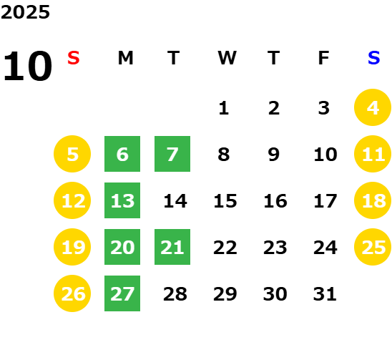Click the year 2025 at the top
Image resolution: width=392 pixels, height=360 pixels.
tap(25, 12)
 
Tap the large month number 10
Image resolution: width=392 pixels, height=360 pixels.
tap(27, 66)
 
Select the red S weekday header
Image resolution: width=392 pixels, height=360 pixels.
tap(74, 58)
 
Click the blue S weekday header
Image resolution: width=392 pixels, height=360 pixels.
tap(374, 58)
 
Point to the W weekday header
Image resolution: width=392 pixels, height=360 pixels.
tap(227, 58)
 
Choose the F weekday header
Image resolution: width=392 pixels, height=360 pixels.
tap(324, 58)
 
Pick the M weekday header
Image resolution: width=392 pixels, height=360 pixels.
tap(125, 58)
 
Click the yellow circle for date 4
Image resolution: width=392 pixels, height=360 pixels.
tap(373, 107)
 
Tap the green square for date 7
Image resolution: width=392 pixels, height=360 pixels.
tap(172, 154)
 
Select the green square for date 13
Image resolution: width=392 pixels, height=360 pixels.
tap(122, 200)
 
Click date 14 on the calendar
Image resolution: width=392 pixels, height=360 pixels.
tap(175, 201)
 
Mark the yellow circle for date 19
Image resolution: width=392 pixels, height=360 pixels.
tap(72, 247)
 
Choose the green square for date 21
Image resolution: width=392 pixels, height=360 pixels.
tap(172, 247)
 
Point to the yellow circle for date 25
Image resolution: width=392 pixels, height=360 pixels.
tap(373, 247)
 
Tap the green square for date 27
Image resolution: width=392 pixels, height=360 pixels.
tap(122, 293)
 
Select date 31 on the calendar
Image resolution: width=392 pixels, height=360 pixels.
tap(325, 294)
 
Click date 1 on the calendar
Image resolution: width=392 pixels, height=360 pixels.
tap(224, 108)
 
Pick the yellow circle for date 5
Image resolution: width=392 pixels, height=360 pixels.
tap(72, 154)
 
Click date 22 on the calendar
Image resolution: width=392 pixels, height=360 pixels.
tap(225, 248)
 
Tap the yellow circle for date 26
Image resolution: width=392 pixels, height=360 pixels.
tap(72, 293)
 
